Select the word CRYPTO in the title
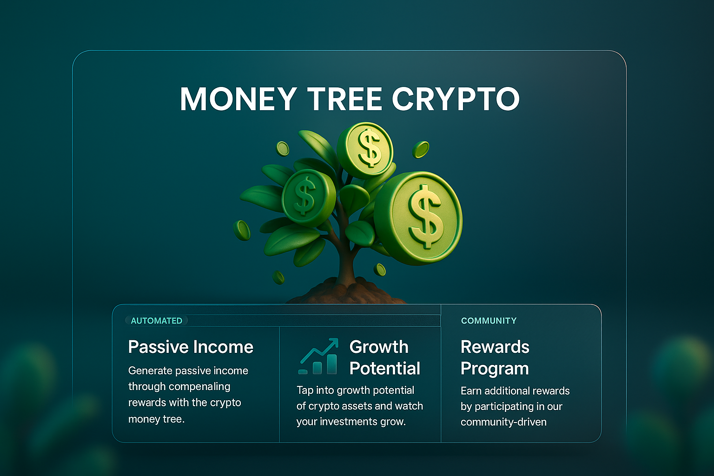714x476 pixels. tap(456, 99)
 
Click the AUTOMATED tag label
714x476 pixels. tap(157, 321)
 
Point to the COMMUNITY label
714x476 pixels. tap(489, 321)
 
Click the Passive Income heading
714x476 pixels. tap(191, 347)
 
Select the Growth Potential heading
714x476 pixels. tap(385, 357)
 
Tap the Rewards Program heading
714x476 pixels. tap(495, 358)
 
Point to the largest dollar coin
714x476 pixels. tap(418, 218)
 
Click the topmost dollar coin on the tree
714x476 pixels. tap(365, 150)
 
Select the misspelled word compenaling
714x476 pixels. tap(199, 387)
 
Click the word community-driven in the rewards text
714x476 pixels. tap(503, 422)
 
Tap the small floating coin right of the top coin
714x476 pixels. tap(421, 149)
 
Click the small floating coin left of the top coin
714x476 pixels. tap(283, 149)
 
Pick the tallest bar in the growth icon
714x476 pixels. tap(332, 364)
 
